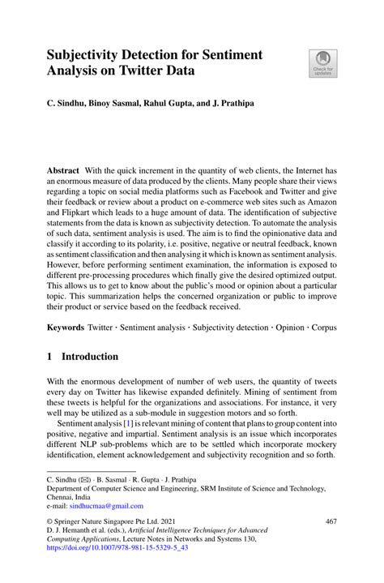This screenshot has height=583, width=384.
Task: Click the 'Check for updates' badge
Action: coord(323,63)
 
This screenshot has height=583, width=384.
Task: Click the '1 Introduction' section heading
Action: coord(83,357)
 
